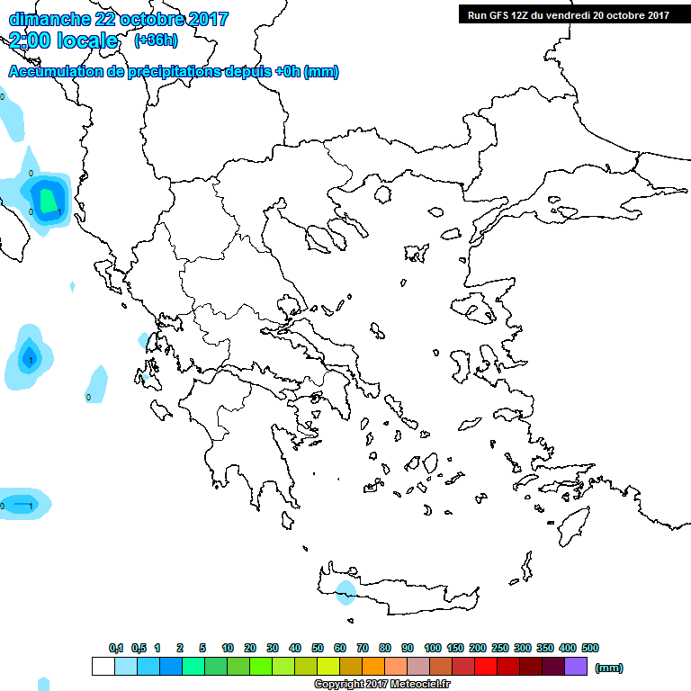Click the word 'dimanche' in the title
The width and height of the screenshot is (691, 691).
tap(45, 19)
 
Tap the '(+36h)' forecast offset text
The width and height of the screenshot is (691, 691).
tap(156, 40)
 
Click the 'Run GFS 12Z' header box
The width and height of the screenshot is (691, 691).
tap(568, 14)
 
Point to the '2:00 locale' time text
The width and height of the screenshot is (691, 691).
tap(64, 40)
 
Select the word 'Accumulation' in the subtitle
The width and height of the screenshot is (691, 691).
tap(53, 72)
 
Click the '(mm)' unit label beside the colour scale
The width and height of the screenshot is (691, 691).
tap(609, 668)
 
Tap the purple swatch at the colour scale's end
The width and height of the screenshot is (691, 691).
tap(577, 667)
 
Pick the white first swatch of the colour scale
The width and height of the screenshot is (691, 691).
tap(103, 667)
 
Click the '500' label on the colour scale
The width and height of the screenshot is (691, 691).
tap(590, 648)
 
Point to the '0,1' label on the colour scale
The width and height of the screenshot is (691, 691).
tap(116, 648)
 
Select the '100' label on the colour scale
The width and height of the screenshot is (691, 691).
tap(433, 648)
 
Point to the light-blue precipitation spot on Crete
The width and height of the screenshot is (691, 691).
tap(345, 590)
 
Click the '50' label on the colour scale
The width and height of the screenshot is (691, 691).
tap(318, 648)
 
